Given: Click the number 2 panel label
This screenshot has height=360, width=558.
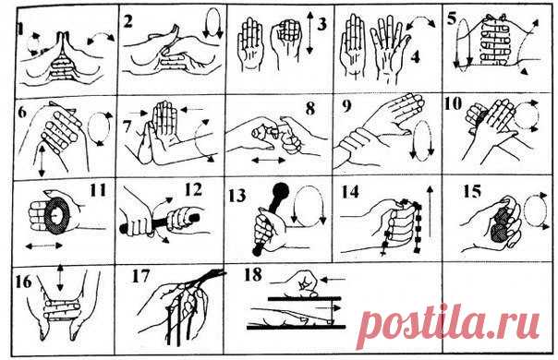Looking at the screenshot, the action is tap(127, 21).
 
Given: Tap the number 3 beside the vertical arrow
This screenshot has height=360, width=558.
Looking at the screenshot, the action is tap(321, 25).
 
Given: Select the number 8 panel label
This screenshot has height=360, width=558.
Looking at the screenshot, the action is tap(310, 109).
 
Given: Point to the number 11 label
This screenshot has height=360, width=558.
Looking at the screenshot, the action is tap(98, 189).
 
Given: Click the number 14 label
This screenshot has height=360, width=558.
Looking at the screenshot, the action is tap(350, 191).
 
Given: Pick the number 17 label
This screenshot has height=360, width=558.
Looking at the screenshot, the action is tap(140, 276).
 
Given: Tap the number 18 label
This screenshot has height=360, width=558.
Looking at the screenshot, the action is tap(253, 274).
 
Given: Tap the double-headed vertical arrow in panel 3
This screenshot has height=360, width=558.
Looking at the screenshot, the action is tap(309, 32).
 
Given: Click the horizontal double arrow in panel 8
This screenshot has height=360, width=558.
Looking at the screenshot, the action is tap(269, 161).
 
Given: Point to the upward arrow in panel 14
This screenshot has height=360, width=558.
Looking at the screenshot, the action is tap(430, 211).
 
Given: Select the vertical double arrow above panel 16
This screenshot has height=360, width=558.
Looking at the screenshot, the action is tap(60, 278).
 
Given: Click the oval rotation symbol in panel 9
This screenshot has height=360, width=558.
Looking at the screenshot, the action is tap(422, 138).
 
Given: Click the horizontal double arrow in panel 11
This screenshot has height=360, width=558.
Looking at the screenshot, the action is tap(44, 246).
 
